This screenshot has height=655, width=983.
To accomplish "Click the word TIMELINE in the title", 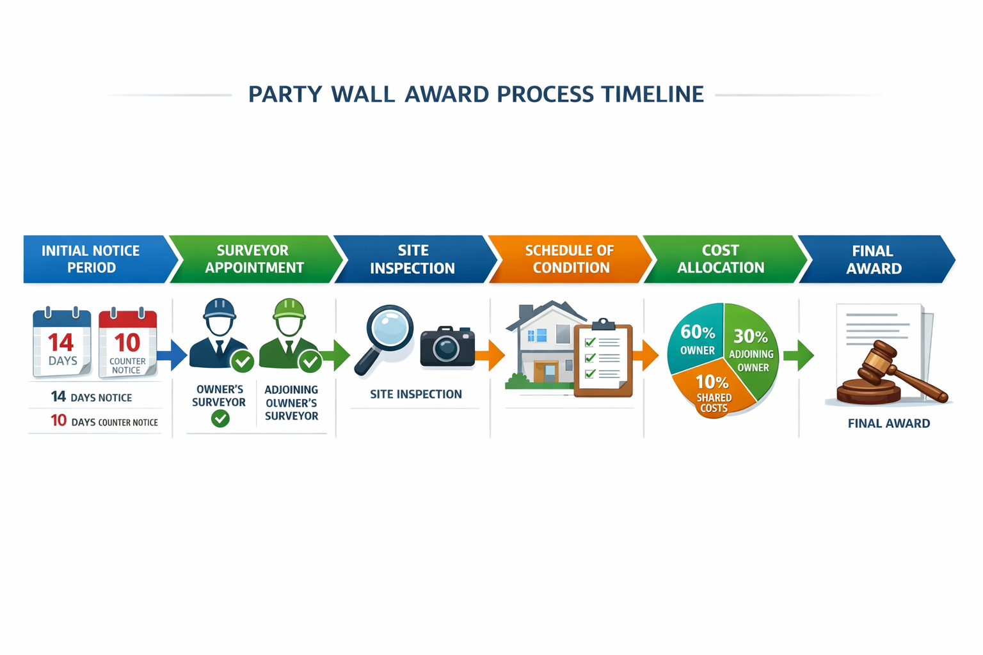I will point(652,94).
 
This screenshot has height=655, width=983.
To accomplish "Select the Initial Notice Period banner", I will point(91,259).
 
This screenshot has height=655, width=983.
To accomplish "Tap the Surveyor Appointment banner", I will point(253,259).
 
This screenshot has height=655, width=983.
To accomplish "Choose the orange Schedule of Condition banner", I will point(570,259).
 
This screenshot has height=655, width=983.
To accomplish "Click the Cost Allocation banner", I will point(721,259).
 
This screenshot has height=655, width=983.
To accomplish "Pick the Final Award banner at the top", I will point(874,259).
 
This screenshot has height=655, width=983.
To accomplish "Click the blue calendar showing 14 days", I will point(62,343).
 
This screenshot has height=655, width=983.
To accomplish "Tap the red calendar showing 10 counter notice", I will point(127,343).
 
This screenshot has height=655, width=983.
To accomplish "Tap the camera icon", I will point(447,347).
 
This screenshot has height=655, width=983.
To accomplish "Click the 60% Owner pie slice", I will point(696,339).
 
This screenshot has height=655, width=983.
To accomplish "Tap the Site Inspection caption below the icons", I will point(416,395).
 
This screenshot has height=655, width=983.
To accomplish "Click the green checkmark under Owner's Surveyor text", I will point(220,419).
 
